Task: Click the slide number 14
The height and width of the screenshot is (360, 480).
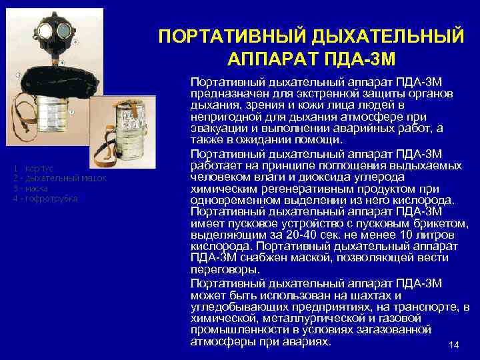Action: [x=455, y=345]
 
